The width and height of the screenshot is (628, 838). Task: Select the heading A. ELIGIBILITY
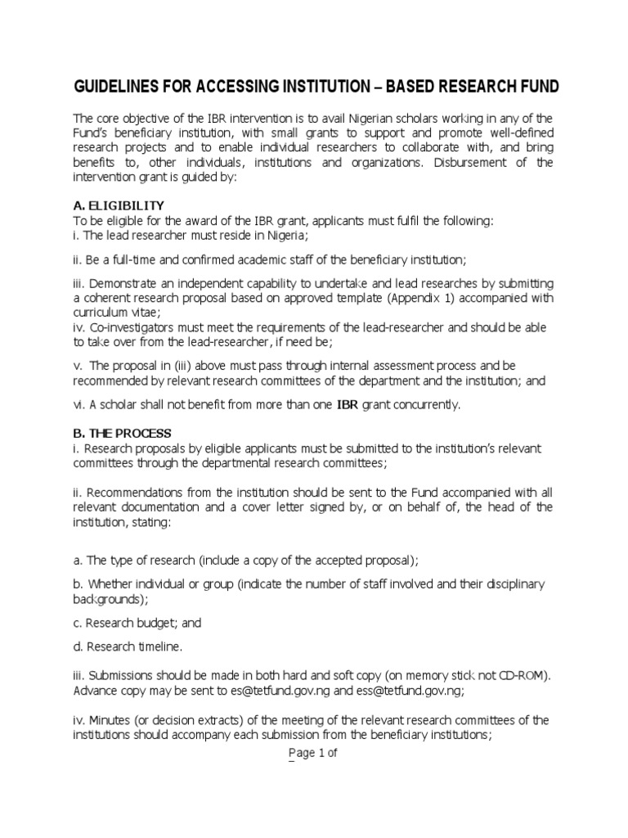119,205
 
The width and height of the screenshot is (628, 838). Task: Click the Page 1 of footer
305,754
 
